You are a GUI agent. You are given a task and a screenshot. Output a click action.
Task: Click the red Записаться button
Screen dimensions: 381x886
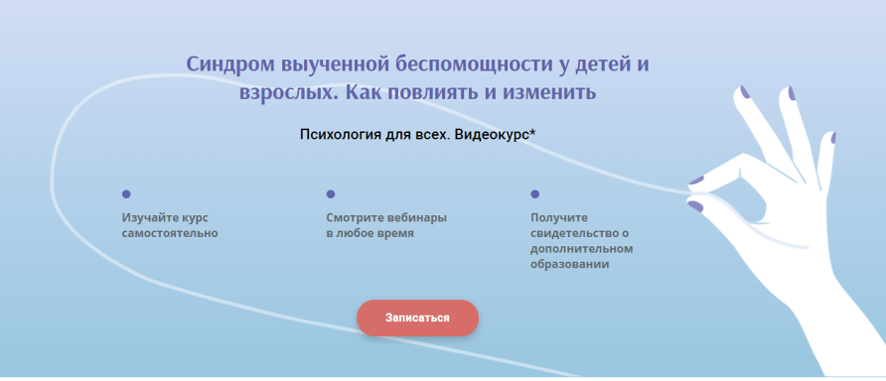pos(417,317)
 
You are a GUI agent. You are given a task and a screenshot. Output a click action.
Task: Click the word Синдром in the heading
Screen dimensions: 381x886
pos(227,65)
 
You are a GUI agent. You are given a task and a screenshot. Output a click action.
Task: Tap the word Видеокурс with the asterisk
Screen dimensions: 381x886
pos(496,133)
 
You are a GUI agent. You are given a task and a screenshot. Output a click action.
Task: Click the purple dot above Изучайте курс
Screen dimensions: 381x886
pos(126,194)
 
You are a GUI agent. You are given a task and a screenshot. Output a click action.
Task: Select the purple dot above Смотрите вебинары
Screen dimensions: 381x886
pos(331,194)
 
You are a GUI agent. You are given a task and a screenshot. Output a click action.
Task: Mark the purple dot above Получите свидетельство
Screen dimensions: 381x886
pos(535,194)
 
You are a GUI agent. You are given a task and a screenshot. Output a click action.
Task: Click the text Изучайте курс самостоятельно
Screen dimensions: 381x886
pos(169,225)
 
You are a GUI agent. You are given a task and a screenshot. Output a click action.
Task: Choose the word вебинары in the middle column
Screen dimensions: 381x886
pos(416,217)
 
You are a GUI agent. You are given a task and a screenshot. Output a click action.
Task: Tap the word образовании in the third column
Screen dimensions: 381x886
pos(569,265)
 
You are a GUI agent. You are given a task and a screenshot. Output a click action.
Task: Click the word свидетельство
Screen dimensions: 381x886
pos(573,233)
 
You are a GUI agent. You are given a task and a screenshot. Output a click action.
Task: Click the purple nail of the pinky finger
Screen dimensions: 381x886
pos(832,138)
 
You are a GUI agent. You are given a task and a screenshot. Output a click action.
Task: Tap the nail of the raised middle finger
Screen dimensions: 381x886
pos(745,91)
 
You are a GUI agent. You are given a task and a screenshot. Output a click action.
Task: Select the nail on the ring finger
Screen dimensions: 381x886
pos(792,94)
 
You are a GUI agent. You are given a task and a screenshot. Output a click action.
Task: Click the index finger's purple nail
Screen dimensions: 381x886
pos(697,181)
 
